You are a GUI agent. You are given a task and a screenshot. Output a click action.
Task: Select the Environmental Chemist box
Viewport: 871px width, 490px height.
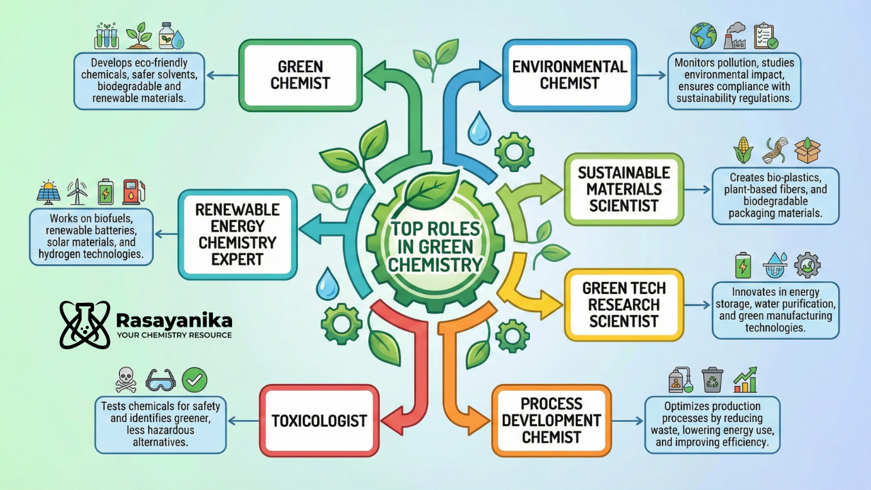(569, 75)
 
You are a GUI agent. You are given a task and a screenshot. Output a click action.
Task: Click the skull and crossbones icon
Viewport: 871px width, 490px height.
(126, 380)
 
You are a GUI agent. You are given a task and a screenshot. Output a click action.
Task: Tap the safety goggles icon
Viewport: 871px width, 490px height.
(161, 380)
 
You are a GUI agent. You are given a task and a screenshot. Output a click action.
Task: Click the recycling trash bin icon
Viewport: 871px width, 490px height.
(712, 380)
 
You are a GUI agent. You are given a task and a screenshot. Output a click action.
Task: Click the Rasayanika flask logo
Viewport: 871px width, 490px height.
(84, 325)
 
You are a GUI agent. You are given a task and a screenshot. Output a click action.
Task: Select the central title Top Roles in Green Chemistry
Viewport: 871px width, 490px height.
(435, 247)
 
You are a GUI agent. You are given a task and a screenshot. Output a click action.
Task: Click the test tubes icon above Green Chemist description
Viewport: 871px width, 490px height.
(108, 35)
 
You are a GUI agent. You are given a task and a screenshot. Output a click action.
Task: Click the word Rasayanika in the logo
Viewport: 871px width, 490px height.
(174, 320)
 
